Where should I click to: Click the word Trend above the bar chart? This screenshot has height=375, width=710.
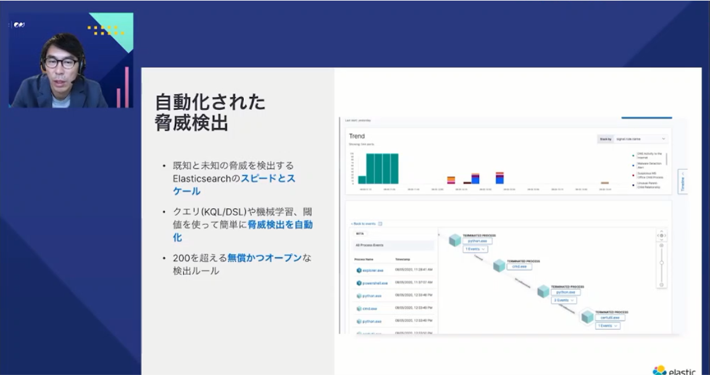357,136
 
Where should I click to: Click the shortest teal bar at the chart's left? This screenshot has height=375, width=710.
362,180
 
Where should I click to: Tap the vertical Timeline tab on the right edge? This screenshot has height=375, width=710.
682,182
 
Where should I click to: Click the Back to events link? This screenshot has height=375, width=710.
364,224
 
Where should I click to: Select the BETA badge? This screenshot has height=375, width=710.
361,234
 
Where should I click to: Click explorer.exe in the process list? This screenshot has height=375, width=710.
373,270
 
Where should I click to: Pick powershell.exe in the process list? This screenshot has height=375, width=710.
375,283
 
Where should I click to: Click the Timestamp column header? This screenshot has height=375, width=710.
403,258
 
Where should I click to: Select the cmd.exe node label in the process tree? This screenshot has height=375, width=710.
519,266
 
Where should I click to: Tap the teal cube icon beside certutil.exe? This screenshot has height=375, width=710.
587,317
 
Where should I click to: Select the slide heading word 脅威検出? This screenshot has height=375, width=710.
191,123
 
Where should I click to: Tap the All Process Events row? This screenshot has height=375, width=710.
370,245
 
